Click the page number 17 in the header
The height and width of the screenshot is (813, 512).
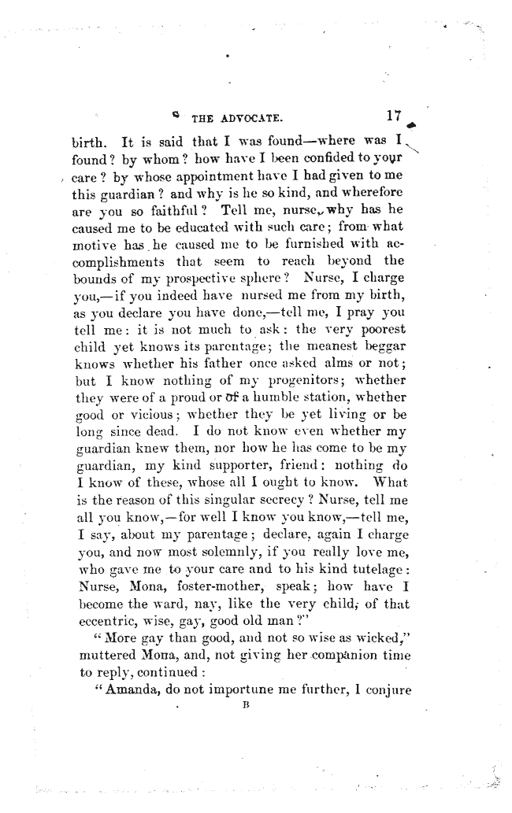click(x=395, y=116)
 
